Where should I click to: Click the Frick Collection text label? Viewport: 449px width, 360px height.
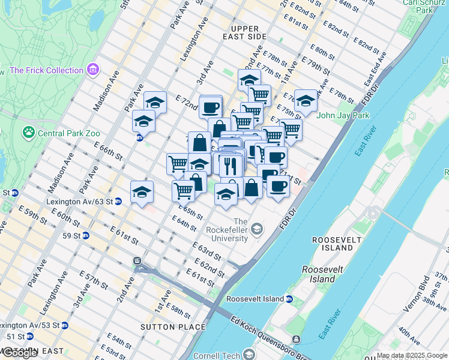click(x=46, y=70)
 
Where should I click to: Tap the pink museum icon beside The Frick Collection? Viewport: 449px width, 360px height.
click(x=93, y=70)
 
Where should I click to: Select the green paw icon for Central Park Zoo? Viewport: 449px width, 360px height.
click(x=28, y=131)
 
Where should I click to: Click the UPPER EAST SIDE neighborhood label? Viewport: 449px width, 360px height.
click(x=245, y=33)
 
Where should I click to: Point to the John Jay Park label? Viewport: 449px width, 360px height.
click(x=343, y=115)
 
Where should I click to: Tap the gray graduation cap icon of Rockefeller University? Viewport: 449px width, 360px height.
click(x=257, y=228)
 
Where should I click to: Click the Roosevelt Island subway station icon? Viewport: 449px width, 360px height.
click(x=289, y=299)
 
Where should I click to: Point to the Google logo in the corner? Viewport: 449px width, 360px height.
click(x=20, y=353)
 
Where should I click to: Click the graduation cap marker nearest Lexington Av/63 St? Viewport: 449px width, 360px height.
click(x=142, y=192)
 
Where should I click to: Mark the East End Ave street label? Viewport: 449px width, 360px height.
click(x=376, y=70)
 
